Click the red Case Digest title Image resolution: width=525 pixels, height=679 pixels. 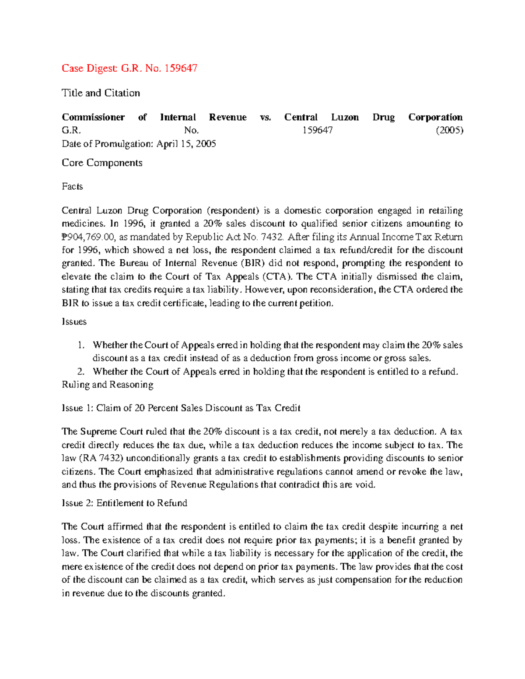(x=129, y=68)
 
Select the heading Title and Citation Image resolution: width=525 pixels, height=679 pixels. (x=101, y=93)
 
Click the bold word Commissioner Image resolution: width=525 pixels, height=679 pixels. (x=93, y=117)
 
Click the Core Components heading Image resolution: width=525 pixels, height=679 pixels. (x=102, y=163)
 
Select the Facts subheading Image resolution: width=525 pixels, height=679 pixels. (x=72, y=186)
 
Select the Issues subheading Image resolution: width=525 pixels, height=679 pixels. (x=74, y=321)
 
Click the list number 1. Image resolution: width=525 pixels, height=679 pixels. (x=80, y=345)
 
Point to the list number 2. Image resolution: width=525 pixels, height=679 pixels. (x=80, y=372)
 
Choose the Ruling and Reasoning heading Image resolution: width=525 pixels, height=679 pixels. (x=107, y=385)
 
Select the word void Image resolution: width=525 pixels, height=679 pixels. (x=366, y=484)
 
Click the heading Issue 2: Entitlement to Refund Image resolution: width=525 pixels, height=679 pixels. (x=124, y=503)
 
